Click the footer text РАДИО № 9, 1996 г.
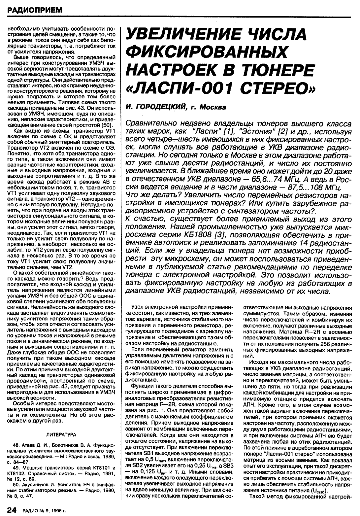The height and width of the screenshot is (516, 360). [x=44, y=510]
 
